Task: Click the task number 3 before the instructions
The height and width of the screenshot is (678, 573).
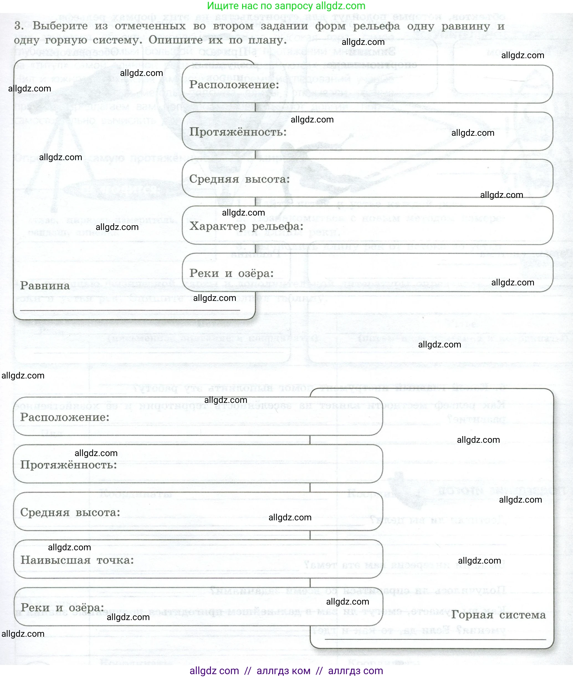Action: (x=19, y=26)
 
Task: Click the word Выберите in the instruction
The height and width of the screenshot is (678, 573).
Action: (x=60, y=26)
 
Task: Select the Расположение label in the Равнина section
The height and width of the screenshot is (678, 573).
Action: (x=234, y=85)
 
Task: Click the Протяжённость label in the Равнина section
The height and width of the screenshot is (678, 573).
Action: (x=238, y=132)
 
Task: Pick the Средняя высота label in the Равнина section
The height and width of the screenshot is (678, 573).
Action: (x=239, y=179)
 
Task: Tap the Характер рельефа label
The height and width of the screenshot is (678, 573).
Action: (x=246, y=226)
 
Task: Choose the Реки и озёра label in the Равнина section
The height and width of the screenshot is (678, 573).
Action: (x=231, y=273)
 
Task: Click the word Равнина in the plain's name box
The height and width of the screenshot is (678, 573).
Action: (x=45, y=286)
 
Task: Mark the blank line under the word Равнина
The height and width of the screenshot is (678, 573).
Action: (x=130, y=310)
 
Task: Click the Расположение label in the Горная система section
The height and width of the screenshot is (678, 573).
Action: (x=65, y=417)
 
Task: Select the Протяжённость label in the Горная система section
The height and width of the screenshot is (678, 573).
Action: (x=68, y=465)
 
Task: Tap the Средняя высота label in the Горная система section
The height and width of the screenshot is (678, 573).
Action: (x=70, y=512)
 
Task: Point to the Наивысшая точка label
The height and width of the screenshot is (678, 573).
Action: (x=77, y=560)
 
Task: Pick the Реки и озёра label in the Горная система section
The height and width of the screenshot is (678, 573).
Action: (x=62, y=608)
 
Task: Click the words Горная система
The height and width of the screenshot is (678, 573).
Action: (x=498, y=615)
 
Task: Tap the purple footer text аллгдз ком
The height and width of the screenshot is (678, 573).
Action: (x=283, y=671)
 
